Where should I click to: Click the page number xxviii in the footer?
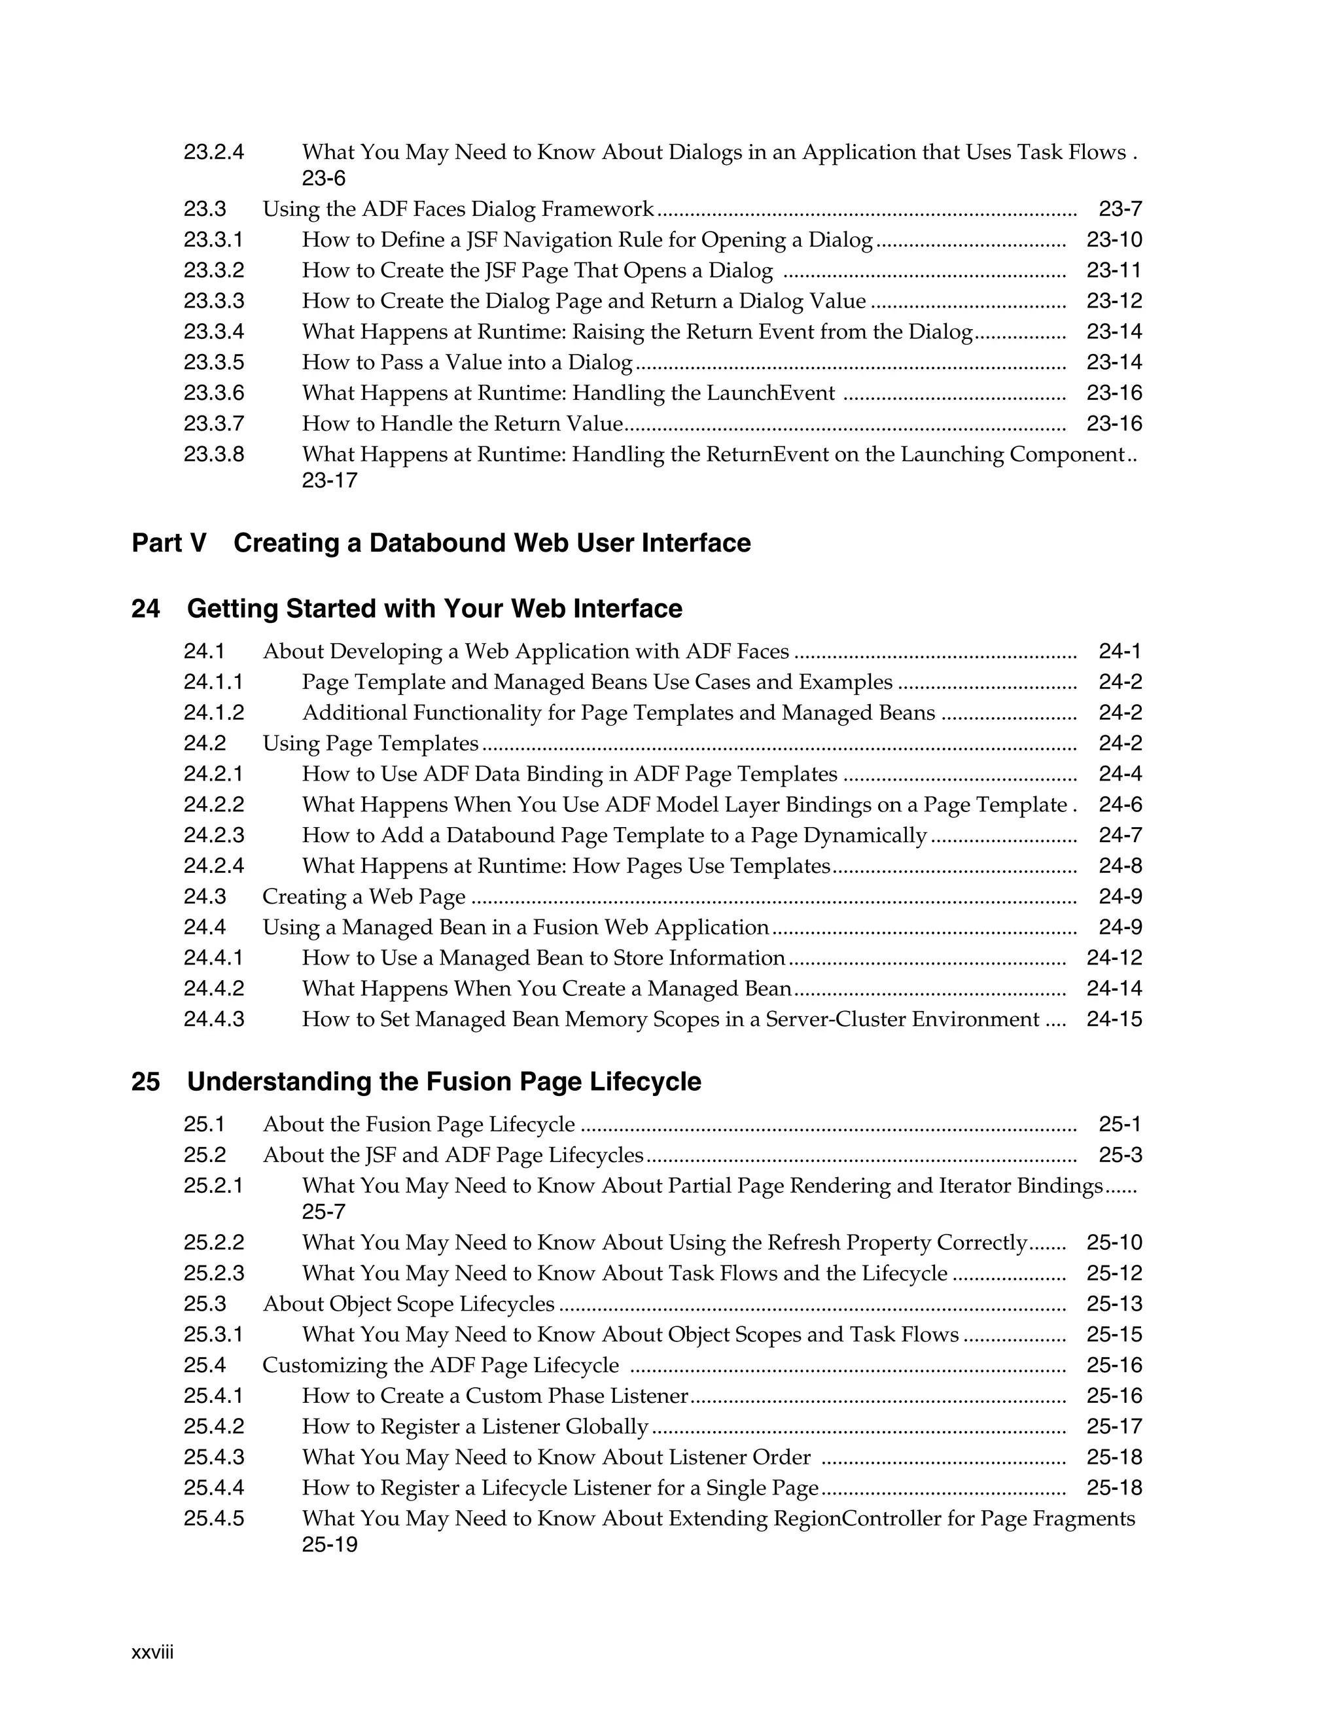coord(152,1652)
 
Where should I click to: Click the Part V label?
coord(168,543)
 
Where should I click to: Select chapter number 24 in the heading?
coord(145,609)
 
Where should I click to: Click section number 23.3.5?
coord(213,363)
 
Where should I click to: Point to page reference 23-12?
coord(1114,301)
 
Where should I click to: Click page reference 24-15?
coord(1114,1019)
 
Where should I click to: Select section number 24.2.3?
coord(213,835)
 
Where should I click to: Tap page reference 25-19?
coord(330,1545)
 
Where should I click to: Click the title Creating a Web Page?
coord(364,897)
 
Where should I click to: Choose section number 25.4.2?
coord(213,1426)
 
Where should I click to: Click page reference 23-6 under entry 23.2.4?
coord(323,178)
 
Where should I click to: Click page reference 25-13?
coord(1114,1305)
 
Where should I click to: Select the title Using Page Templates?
coord(371,744)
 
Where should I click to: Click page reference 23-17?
coord(330,481)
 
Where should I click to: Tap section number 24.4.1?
coord(213,959)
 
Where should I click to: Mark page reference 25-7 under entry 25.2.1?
coord(323,1212)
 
